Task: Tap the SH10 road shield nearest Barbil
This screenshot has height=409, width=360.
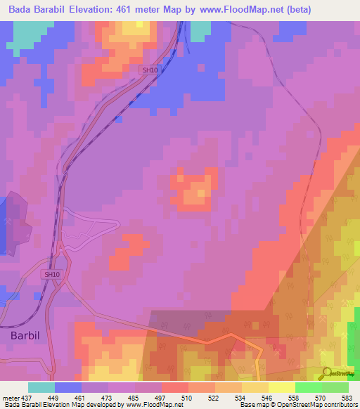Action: [51, 274]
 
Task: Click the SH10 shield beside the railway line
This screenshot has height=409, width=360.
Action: [150, 70]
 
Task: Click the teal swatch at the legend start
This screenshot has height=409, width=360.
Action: [41, 387]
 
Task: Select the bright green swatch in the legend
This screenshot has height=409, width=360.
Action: [308, 387]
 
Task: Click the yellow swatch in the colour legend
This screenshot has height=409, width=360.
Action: [281, 387]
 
